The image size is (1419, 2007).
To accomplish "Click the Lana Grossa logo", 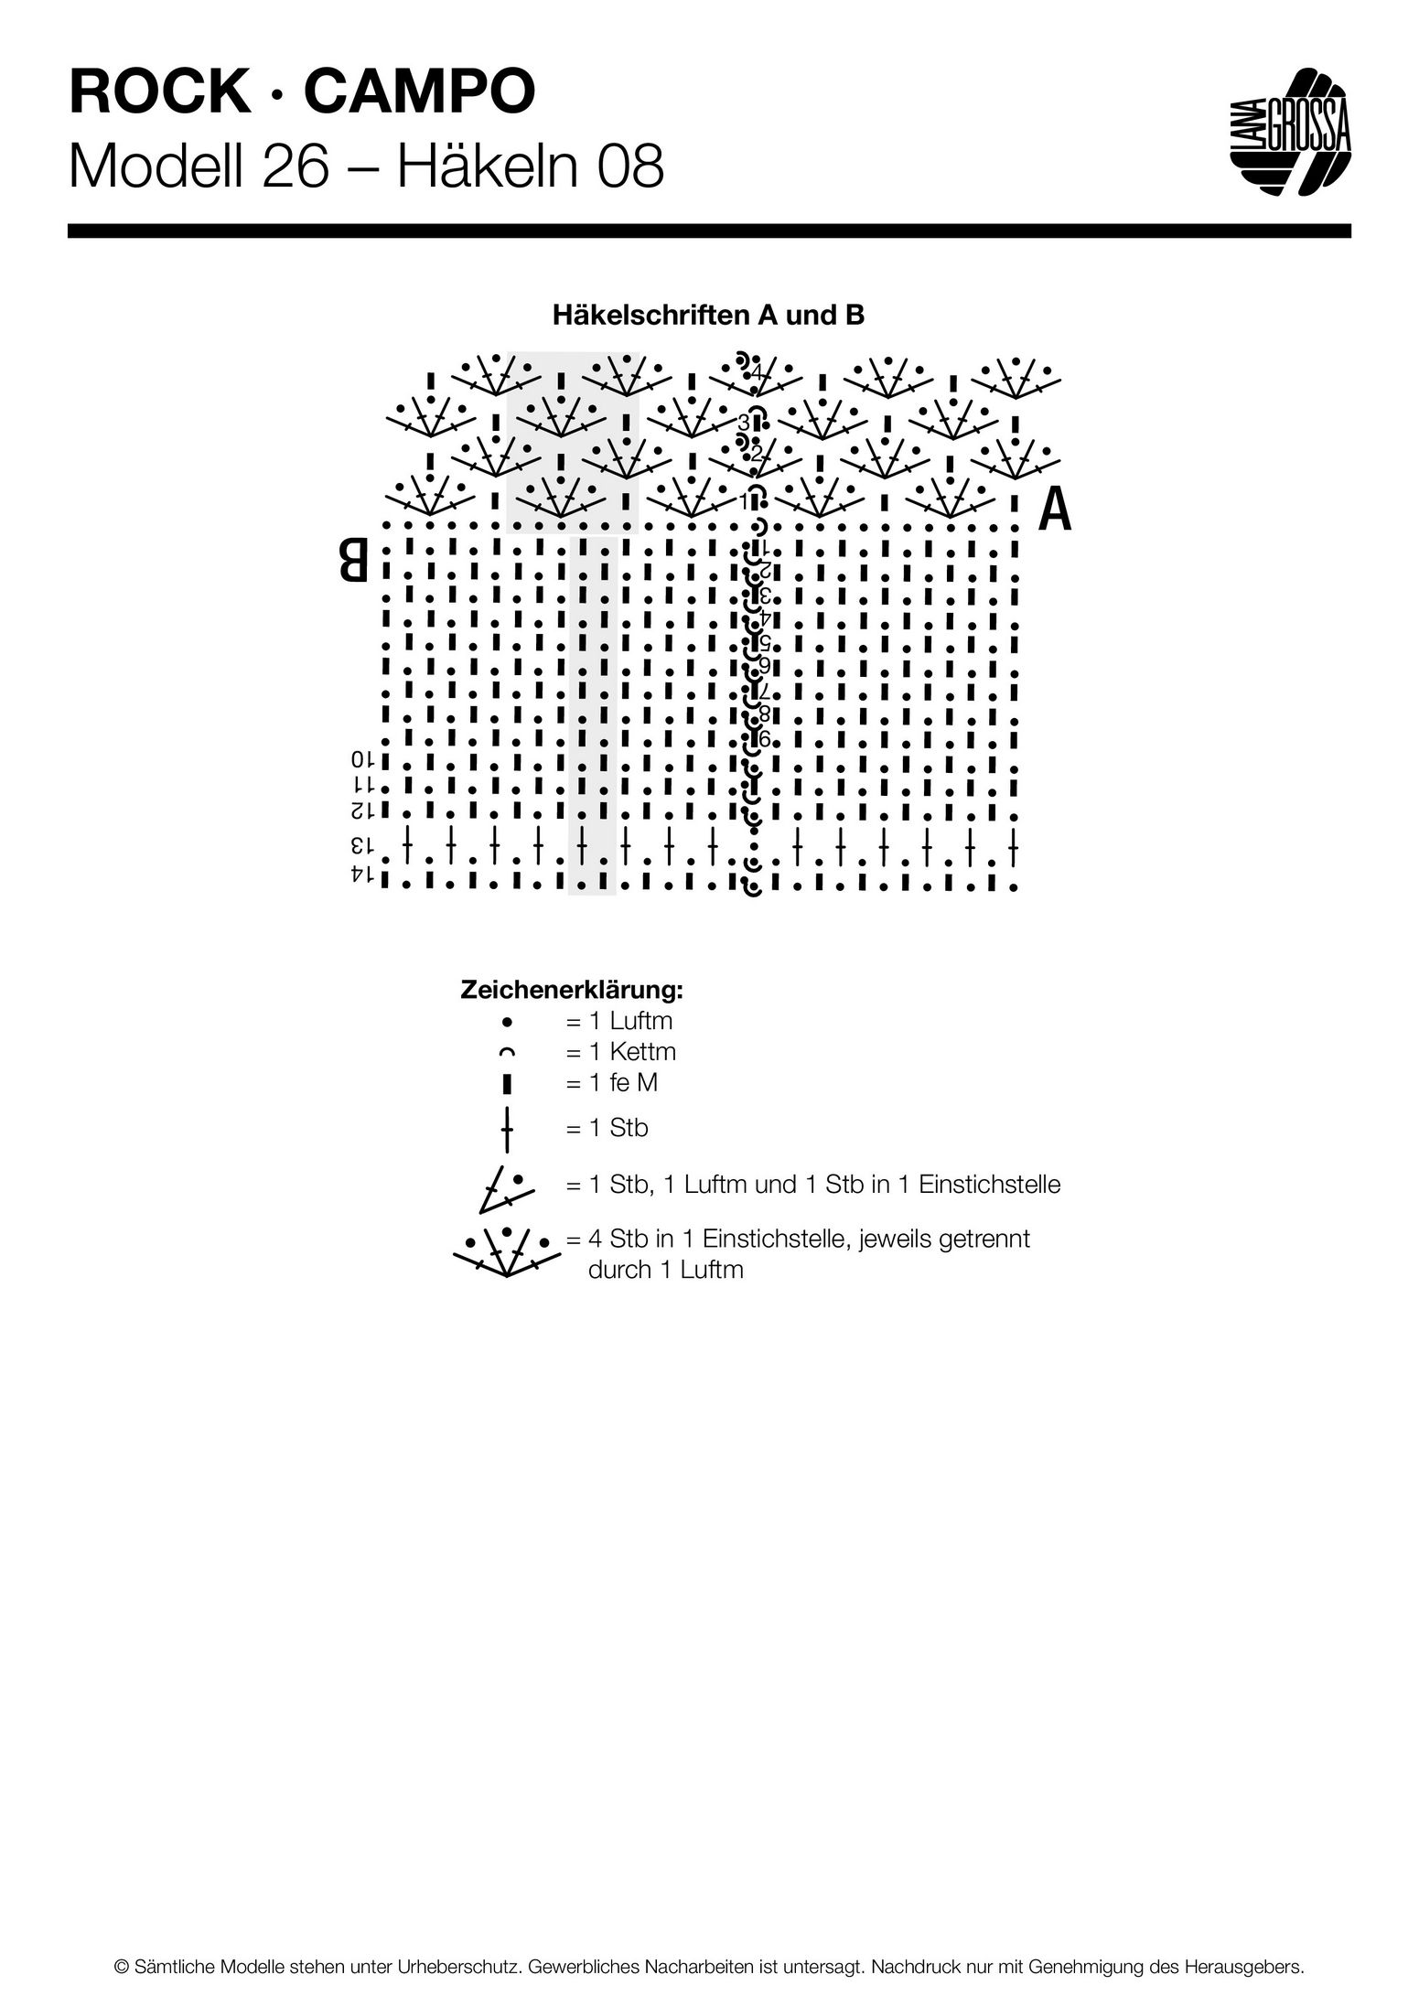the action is (1289, 132).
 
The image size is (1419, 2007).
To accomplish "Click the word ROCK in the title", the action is (158, 92).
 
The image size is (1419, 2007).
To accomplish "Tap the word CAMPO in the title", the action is (420, 92).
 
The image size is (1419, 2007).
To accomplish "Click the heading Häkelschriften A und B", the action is (709, 316).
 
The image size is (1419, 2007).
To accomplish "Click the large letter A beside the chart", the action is (1055, 510).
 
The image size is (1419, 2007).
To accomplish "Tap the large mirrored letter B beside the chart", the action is (354, 560).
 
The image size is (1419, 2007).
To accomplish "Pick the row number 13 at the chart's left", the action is (362, 843).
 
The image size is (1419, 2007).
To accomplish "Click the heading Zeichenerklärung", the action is (573, 990).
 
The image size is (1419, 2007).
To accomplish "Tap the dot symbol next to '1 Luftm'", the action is (507, 1021).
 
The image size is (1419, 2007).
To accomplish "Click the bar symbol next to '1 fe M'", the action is (507, 1084).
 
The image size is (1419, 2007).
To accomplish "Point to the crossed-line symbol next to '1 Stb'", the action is (507, 1129).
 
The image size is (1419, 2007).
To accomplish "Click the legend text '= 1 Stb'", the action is (607, 1128).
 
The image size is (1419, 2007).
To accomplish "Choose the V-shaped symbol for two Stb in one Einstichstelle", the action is (500, 1186).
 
